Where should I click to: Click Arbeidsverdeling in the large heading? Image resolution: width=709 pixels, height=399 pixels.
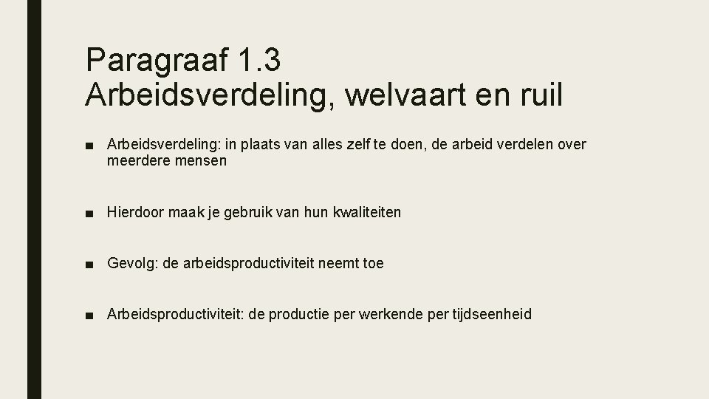pyautogui.click(x=207, y=95)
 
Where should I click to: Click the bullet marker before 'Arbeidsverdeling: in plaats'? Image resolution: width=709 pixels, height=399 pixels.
pyautogui.click(x=89, y=145)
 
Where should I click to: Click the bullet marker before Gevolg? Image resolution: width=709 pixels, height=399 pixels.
pyautogui.click(x=89, y=264)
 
